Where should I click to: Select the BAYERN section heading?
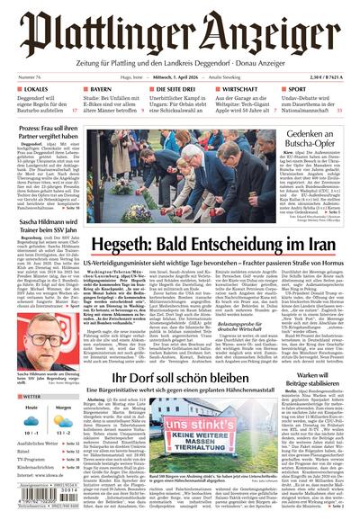[x=100, y=90]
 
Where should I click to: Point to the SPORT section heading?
[x=297, y=90]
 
